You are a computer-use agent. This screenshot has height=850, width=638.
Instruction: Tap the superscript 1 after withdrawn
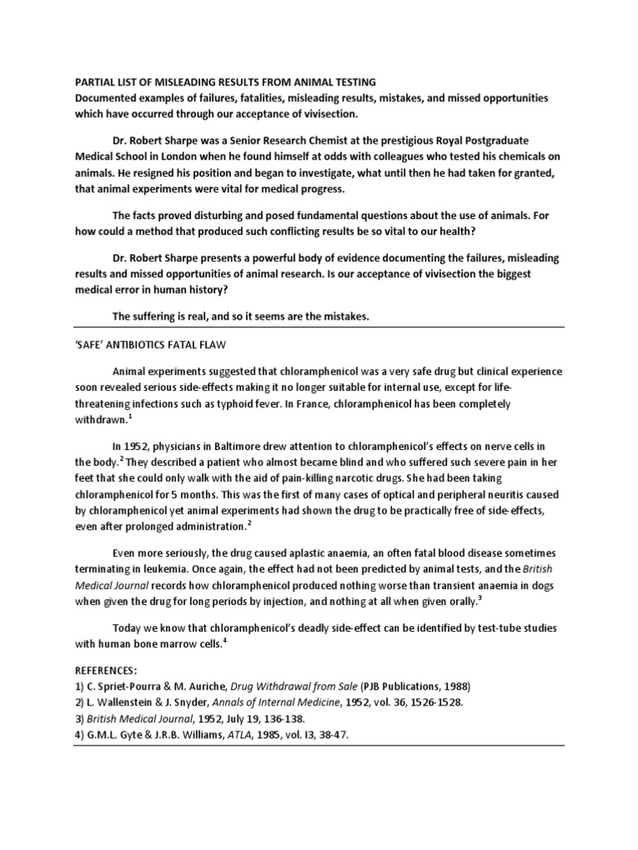[x=131, y=418]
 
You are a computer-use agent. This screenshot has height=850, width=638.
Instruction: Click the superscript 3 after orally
[x=480, y=598]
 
